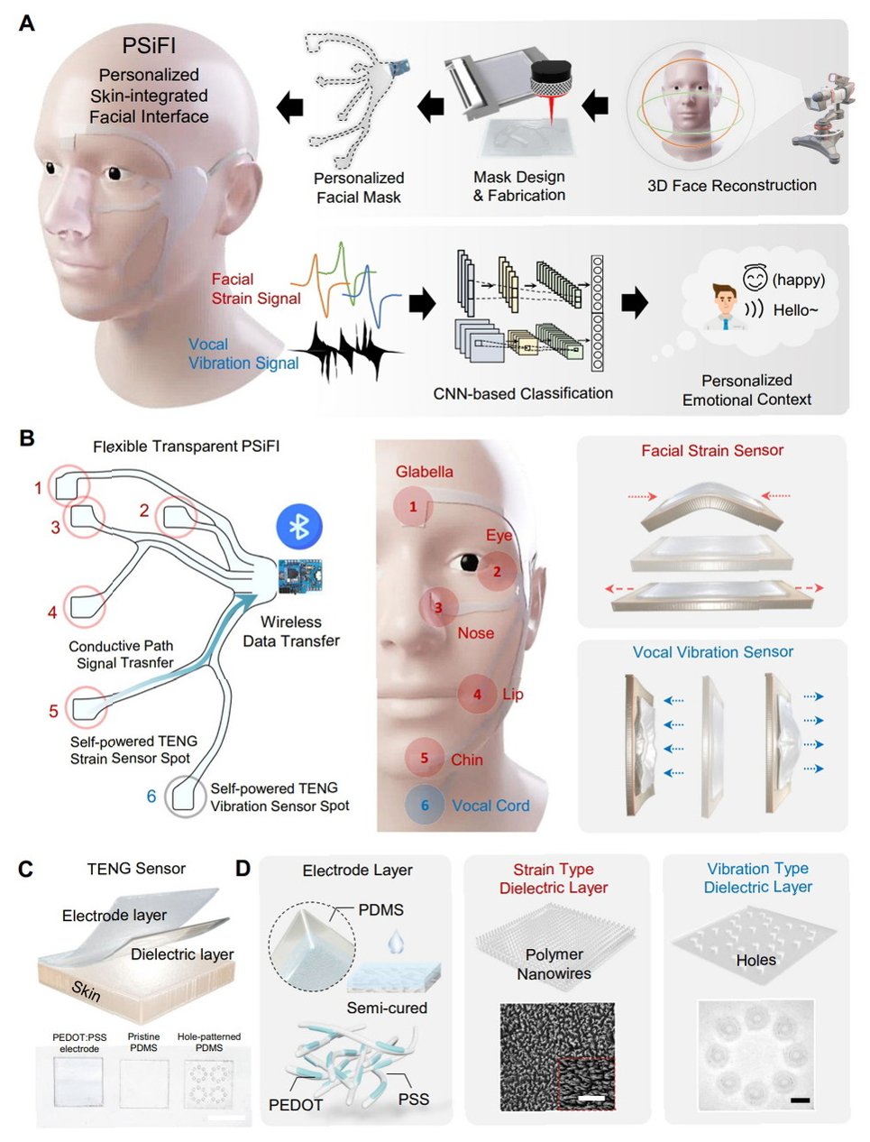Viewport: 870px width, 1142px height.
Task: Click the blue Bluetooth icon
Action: [x=298, y=526]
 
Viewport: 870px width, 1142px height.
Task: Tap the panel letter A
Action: [x=27, y=23]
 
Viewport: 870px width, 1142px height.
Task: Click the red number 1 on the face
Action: [x=413, y=506]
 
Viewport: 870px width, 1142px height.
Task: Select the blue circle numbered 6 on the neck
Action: [x=425, y=805]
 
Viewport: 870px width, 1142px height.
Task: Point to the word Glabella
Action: [x=424, y=472]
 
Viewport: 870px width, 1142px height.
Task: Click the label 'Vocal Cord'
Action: [x=490, y=806]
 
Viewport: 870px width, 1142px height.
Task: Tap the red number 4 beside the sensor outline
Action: [x=52, y=612]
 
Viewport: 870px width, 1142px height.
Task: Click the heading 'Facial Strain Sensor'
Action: [x=711, y=450]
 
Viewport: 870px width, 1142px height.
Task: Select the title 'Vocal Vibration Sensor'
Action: [x=712, y=651]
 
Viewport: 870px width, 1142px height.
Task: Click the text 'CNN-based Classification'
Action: [x=523, y=393]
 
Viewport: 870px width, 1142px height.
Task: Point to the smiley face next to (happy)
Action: [x=754, y=279]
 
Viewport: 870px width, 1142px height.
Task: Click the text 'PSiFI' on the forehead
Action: [x=149, y=46]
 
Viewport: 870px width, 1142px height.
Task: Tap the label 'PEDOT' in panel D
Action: [x=295, y=1104]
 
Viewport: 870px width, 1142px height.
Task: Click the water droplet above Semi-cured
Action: [x=396, y=944]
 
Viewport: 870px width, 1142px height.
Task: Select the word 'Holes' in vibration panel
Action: [x=756, y=960]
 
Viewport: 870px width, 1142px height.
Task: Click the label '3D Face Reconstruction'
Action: [x=731, y=185]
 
